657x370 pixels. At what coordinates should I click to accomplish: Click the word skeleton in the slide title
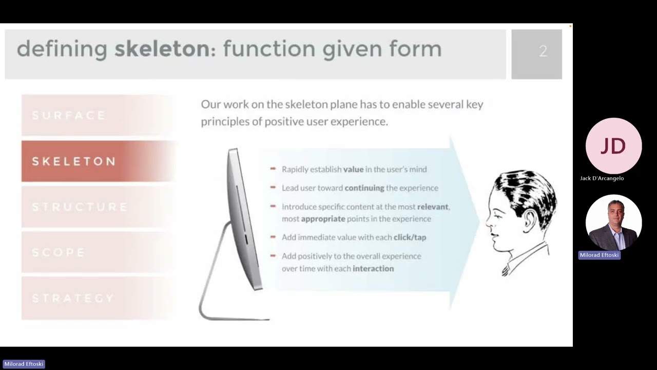click(x=161, y=49)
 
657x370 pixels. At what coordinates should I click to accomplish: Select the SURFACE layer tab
click(x=98, y=115)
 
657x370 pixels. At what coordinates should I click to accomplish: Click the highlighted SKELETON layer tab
click(x=98, y=161)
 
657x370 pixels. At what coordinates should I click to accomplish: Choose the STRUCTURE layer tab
click(x=98, y=207)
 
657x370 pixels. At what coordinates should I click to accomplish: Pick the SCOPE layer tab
click(x=98, y=253)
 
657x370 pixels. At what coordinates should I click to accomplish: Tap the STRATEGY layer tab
click(x=98, y=299)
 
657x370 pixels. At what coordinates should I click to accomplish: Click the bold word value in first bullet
click(x=353, y=169)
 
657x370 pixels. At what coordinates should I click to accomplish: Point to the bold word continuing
click(x=364, y=188)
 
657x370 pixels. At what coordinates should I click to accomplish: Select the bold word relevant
click(x=433, y=207)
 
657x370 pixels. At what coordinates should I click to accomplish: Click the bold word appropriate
click(x=323, y=219)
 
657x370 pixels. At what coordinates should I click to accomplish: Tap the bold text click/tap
click(x=410, y=237)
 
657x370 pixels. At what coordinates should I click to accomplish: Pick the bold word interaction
click(x=373, y=269)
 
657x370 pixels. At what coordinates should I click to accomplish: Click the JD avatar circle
click(x=613, y=146)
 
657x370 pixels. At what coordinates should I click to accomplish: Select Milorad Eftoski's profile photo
click(x=613, y=223)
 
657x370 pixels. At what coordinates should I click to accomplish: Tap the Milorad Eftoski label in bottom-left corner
click(x=24, y=364)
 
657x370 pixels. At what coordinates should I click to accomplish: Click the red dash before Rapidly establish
click(x=273, y=169)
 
